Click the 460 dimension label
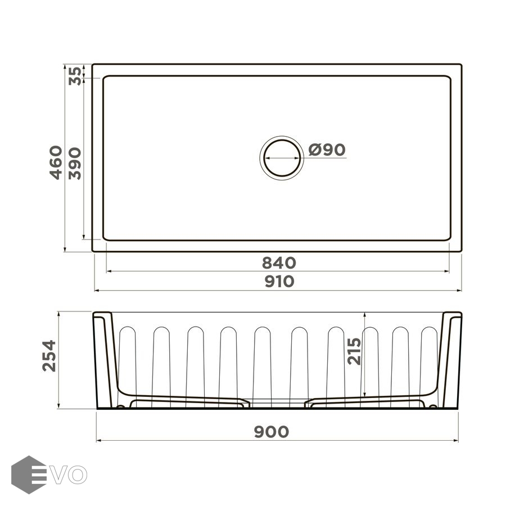(x=56, y=162)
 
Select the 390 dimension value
(x=75, y=163)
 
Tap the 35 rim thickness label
(x=75, y=76)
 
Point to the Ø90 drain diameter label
(x=327, y=150)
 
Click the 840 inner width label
(x=279, y=263)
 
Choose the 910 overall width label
(x=279, y=282)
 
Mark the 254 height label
(x=49, y=356)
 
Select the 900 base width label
(x=272, y=432)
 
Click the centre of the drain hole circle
(x=282, y=158)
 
